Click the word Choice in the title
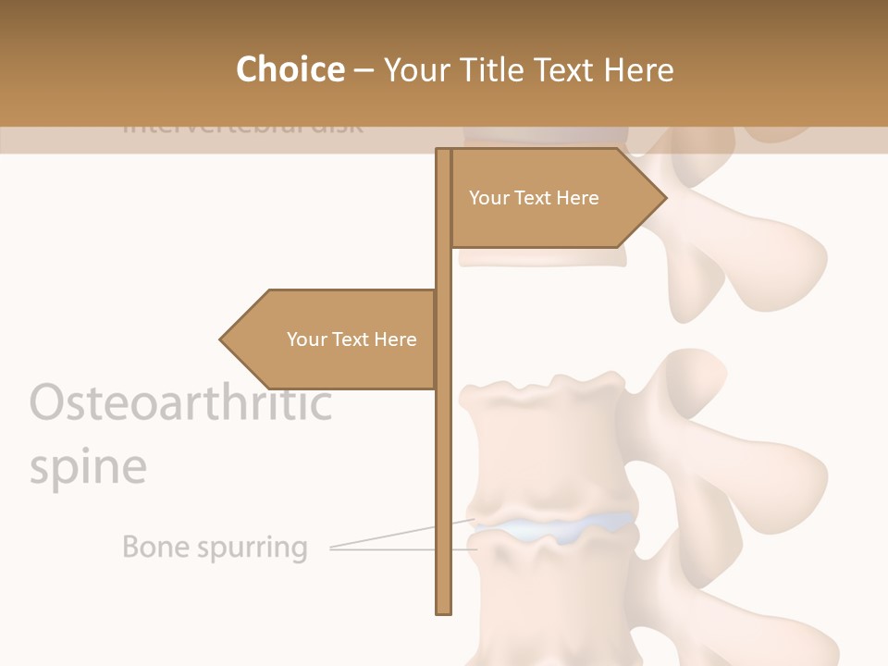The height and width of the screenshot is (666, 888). [x=290, y=69]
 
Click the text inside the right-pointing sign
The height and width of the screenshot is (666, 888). [x=534, y=198]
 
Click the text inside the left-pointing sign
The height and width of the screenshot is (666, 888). [x=351, y=339]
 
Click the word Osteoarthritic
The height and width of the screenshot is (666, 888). [x=180, y=403]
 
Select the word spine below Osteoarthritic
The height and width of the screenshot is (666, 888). [x=88, y=467]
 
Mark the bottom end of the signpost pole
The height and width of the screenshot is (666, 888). [x=443, y=610]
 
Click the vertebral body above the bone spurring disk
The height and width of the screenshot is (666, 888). [x=541, y=444]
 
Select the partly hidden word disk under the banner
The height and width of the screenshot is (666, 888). [x=337, y=127]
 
